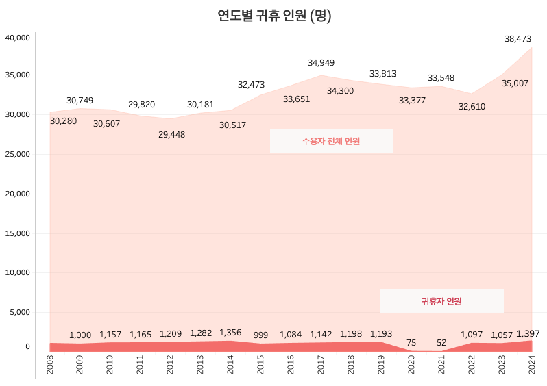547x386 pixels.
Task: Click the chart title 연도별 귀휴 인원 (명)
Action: tap(273, 16)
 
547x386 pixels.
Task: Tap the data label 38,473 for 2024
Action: tap(518, 40)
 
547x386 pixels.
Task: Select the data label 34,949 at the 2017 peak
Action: tap(321, 63)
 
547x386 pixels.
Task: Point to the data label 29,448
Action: tap(171, 135)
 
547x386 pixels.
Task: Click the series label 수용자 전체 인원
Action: tap(331, 141)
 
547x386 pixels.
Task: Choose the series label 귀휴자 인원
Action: tap(441, 301)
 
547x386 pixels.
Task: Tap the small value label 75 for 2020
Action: tap(411, 343)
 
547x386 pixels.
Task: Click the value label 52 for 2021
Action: tap(441, 343)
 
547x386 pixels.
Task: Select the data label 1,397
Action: tap(528, 334)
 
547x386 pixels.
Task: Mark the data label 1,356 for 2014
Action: tap(230, 333)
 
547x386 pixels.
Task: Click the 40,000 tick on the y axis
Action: tap(18, 38)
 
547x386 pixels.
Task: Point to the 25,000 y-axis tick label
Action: tap(18, 154)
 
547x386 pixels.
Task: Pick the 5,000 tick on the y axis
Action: tap(20, 312)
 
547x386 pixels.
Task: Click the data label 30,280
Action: tap(64, 121)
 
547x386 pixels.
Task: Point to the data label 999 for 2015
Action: tap(260, 335)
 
